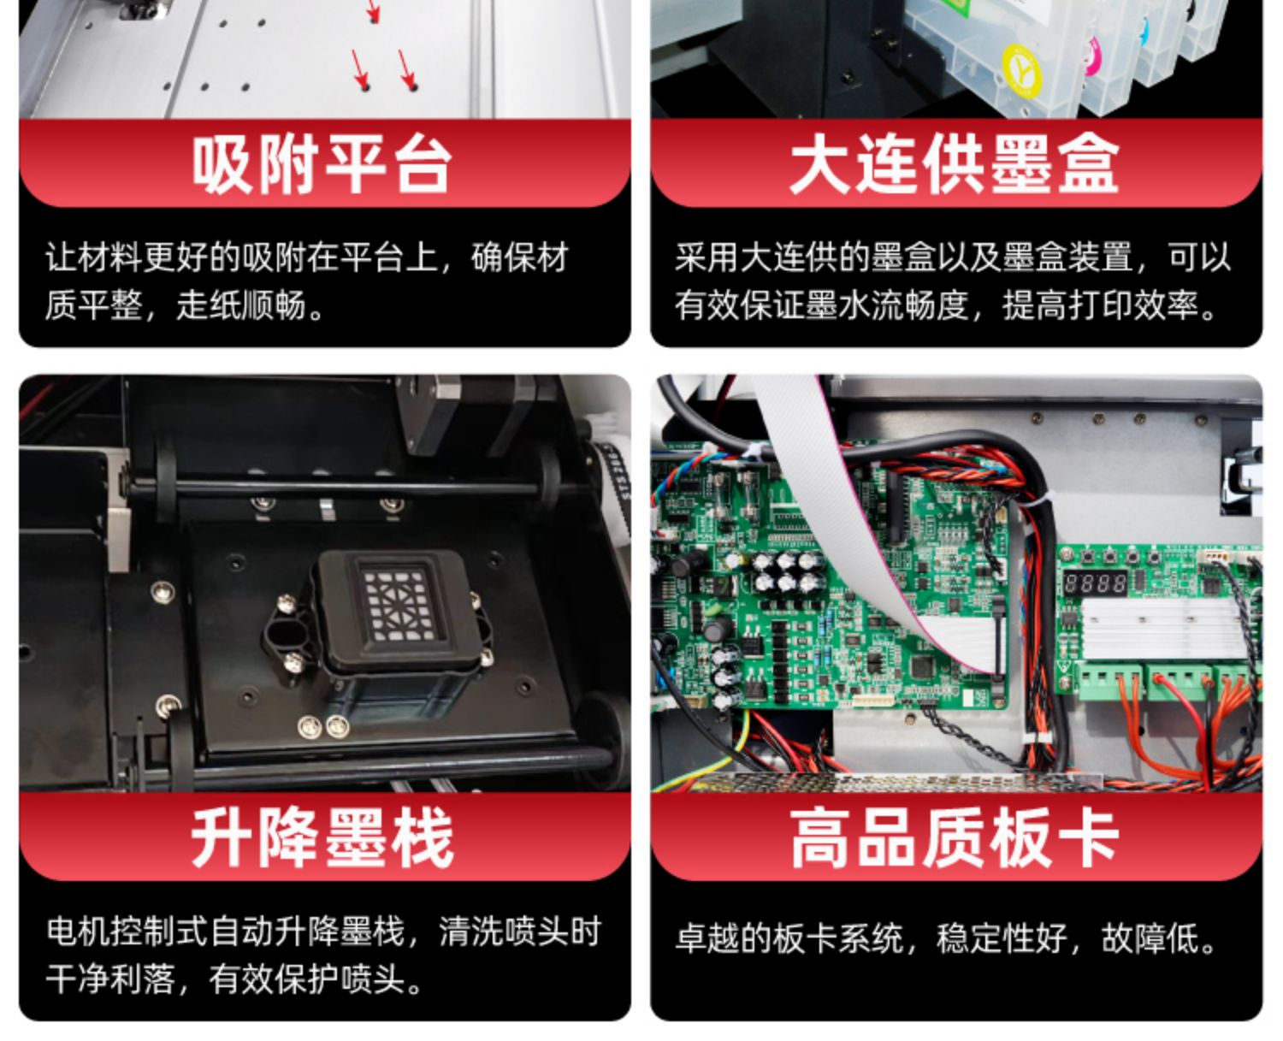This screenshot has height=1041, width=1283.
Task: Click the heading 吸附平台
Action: point(322,164)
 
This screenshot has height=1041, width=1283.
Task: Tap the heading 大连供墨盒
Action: point(954,164)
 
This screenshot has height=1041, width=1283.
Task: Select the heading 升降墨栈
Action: point(322,838)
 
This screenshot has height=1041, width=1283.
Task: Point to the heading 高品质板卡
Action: point(954,838)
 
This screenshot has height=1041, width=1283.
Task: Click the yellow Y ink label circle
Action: point(1021,69)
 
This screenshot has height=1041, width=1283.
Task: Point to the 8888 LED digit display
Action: point(1095,583)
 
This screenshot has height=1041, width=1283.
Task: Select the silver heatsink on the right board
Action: point(1162,629)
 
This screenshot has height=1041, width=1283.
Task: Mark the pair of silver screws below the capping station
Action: point(323,726)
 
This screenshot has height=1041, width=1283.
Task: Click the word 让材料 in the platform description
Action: point(94,257)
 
